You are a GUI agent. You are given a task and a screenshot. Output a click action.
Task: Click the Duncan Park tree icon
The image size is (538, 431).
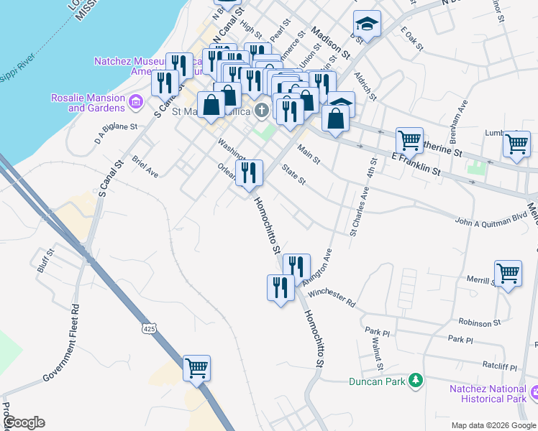coord(415,380)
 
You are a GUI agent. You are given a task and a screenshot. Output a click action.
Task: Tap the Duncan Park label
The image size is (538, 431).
coord(378,381)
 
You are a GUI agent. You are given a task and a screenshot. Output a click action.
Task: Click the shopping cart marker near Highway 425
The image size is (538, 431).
coord(196,369)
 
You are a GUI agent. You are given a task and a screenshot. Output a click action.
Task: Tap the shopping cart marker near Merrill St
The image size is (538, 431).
coord(509,273)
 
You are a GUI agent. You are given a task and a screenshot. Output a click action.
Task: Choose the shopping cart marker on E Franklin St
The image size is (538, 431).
coord(409,140)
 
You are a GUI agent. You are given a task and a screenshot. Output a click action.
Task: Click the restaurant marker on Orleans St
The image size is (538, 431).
coord(249,172)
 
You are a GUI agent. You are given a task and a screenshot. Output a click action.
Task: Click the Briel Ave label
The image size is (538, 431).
coord(145,166)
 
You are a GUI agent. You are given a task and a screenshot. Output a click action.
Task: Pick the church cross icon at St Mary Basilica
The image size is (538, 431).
coord(263,111)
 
